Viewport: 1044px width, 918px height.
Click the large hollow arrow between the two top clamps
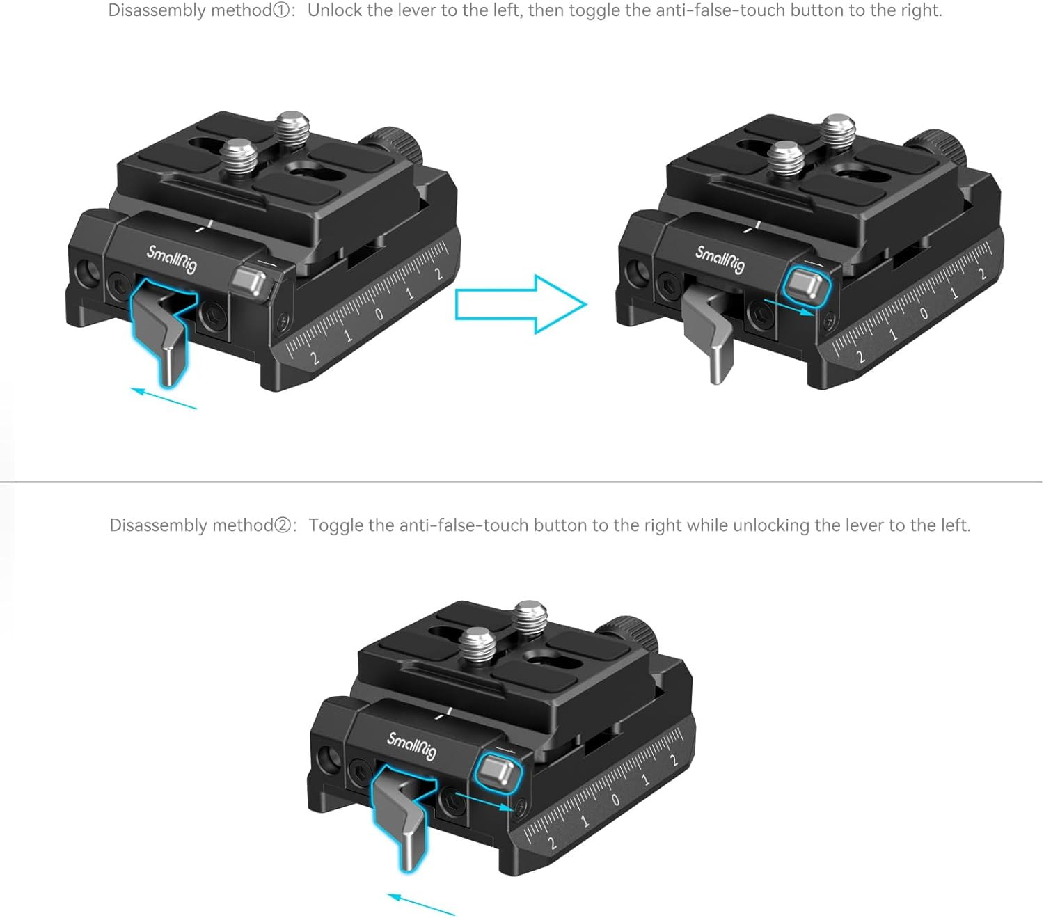point(521,304)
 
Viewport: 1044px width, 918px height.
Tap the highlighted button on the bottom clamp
point(498,772)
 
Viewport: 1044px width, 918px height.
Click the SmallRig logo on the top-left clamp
point(172,260)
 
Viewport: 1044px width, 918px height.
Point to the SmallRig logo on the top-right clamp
point(720,260)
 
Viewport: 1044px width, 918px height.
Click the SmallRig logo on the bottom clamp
point(411,746)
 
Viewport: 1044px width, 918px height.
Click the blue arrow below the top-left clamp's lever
point(164,398)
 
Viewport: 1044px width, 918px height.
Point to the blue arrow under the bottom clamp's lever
point(420,905)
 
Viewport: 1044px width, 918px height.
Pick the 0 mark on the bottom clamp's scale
point(615,800)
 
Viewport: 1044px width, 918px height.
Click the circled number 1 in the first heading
point(280,10)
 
